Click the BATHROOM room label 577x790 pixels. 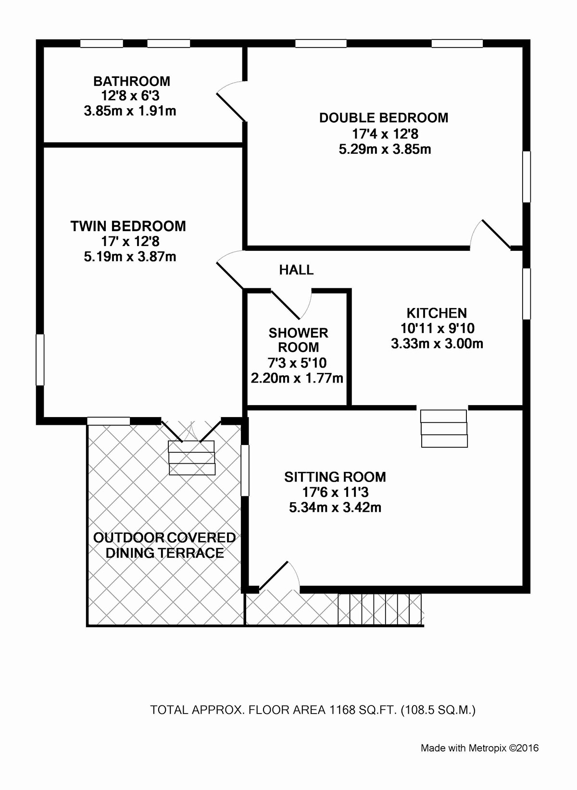132,82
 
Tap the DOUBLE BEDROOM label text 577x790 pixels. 384,118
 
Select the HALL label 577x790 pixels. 297,270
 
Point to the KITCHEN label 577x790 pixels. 437,313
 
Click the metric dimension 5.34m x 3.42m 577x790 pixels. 335,507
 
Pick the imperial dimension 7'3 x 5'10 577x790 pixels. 297,362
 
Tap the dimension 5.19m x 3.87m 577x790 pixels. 130,257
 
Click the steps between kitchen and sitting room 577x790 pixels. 444,429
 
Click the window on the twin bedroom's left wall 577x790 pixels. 40,360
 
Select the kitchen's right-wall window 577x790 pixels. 527,294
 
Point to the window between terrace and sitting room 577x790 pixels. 245,470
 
